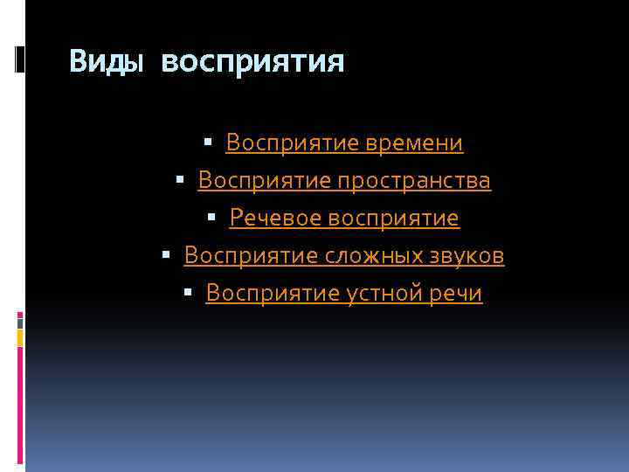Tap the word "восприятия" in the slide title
pos(253,62)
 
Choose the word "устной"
pos(381,294)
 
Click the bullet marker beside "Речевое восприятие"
pos(211,216)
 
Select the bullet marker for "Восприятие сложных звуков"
pos(166,253)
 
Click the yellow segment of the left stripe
pos(20,337)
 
